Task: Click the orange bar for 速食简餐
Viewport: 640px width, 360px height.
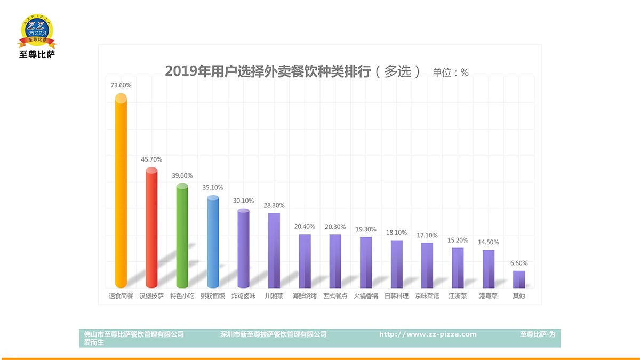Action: tap(121, 192)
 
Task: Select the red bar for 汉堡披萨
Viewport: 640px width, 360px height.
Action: tap(151, 229)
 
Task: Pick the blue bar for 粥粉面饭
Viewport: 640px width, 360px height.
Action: tap(213, 243)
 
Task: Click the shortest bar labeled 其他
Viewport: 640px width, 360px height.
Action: tap(519, 279)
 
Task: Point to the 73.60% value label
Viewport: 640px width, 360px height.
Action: tap(121, 85)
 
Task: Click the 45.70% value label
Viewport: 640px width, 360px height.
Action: tap(151, 159)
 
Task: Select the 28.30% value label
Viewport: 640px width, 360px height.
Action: tap(274, 205)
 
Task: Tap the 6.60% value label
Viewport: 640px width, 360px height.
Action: tap(519, 263)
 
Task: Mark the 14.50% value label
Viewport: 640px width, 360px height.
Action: tap(489, 242)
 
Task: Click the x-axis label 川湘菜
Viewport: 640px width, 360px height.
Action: tap(274, 296)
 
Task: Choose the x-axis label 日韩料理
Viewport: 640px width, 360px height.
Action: tap(396, 296)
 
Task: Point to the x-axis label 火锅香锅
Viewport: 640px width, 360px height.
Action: tap(366, 296)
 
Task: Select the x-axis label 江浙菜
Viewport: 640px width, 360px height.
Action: tap(458, 296)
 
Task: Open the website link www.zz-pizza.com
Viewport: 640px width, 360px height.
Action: tap(428, 334)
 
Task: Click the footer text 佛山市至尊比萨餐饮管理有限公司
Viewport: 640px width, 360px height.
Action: tap(134, 334)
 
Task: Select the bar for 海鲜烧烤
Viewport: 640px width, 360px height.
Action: tap(305, 261)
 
